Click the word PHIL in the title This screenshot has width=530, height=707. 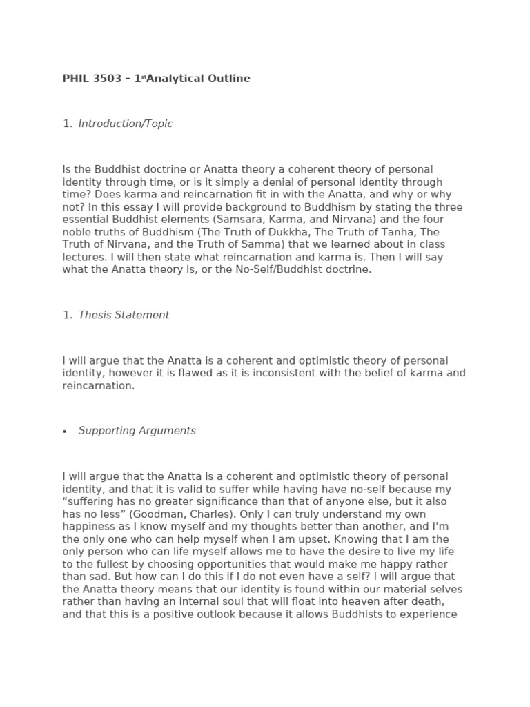tap(75, 79)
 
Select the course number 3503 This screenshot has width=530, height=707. tap(106, 79)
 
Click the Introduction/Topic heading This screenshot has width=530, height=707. tap(126, 124)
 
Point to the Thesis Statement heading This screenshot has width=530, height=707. tap(124, 315)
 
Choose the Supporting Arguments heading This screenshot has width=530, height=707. tap(137, 431)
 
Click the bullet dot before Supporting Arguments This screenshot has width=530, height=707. tap(65, 432)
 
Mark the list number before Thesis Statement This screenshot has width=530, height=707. tap(67, 315)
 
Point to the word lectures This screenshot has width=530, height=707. tap(82, 257)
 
